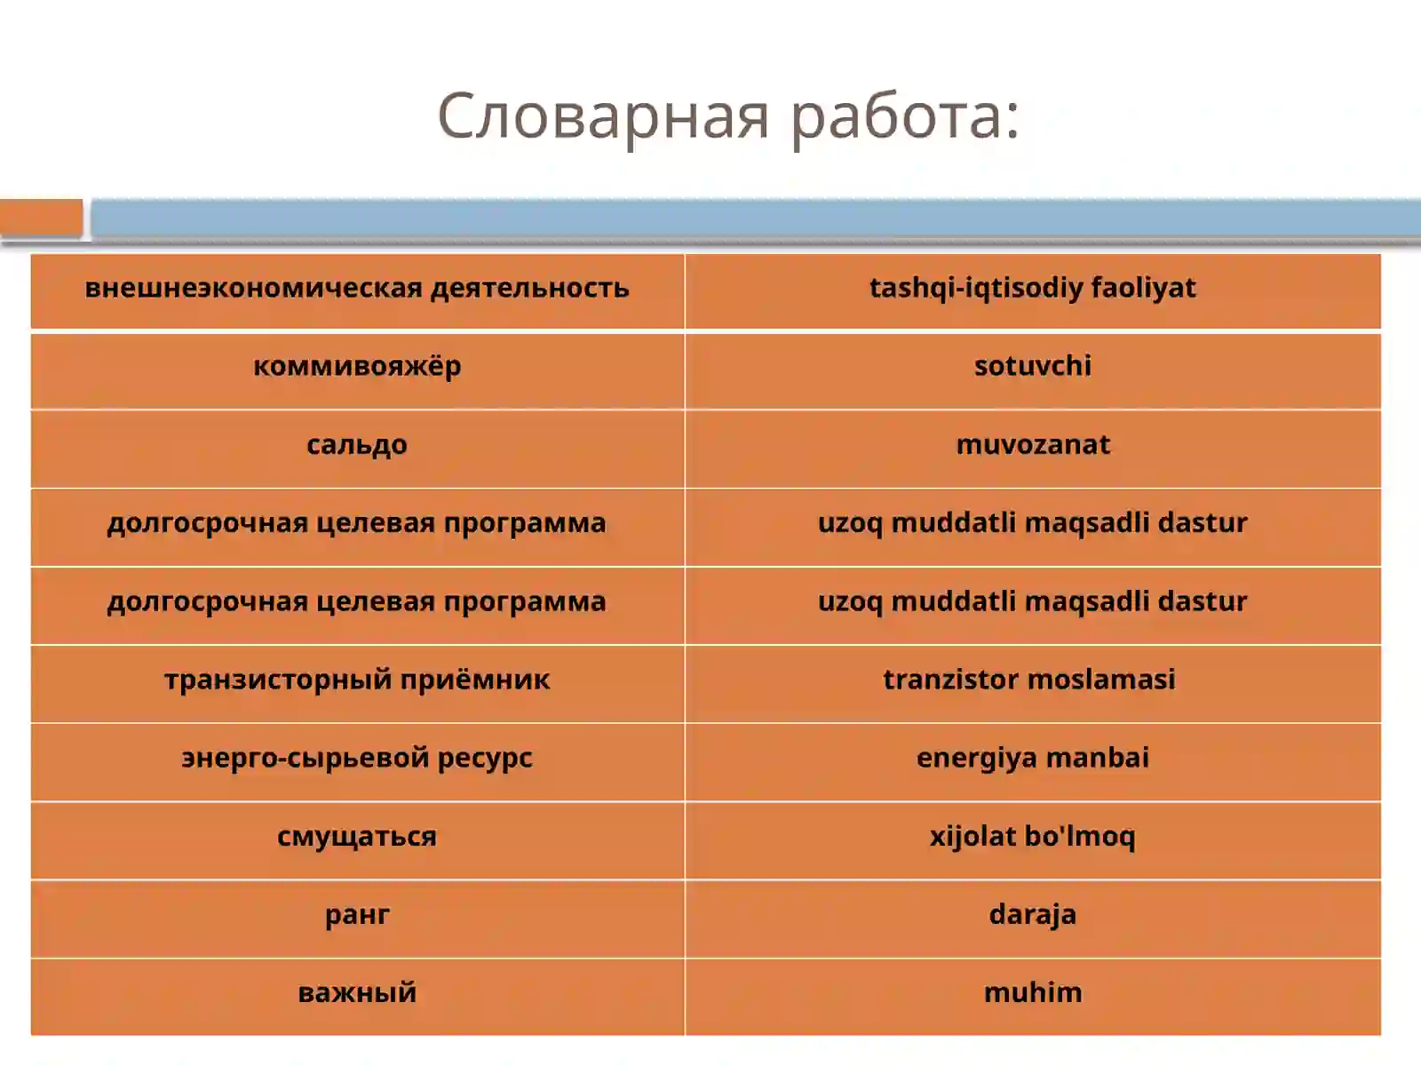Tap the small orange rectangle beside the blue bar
click(41, 218)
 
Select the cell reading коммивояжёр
click(357, 366)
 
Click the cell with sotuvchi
click(1032, 366)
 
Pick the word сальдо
click(357, 444)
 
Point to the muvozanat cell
click(1032, 444)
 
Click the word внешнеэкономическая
click(253, 288)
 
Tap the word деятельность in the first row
click(529, 288)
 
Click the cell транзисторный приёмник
click(357, 680)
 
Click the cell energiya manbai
click(1032, 758)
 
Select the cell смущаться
click(357, 836)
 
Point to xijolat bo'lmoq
click(1032, 836)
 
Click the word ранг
click(357, 914)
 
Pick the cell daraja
click(1032, 914)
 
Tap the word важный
click(357, 992)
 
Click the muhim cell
click(1032, 992)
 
